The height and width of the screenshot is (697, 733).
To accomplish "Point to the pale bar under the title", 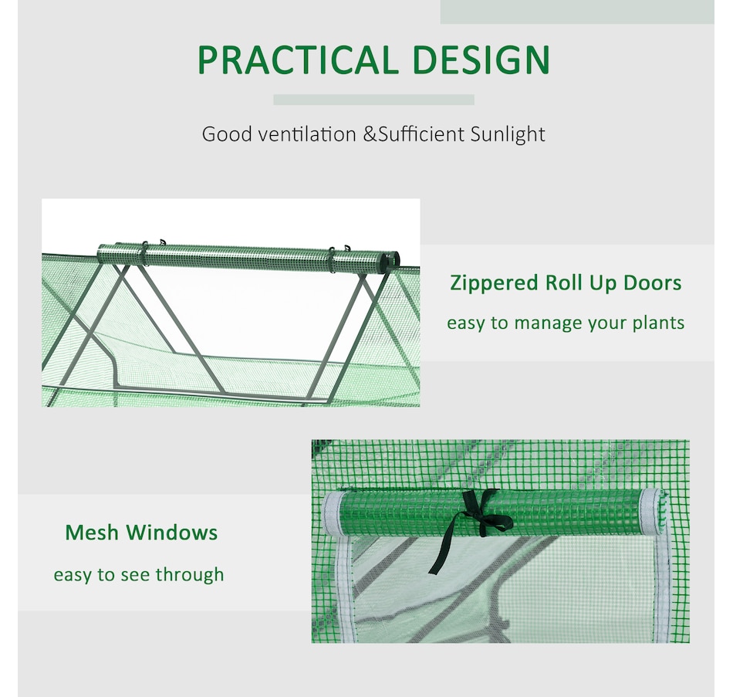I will (x=373, y=100).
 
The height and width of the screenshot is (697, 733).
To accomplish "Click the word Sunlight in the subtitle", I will (x=507, y=134).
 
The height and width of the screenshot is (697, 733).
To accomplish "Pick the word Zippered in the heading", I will (x=493, y=283).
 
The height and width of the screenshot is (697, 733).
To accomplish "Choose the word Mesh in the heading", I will (x=93, y=533).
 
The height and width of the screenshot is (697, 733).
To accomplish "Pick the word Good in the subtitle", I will (x=227, y=134).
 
